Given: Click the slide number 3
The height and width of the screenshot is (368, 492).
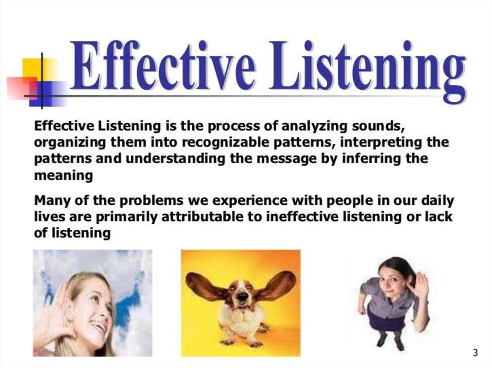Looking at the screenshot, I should coord(475,353).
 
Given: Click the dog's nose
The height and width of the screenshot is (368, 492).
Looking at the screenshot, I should coord(242,297).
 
